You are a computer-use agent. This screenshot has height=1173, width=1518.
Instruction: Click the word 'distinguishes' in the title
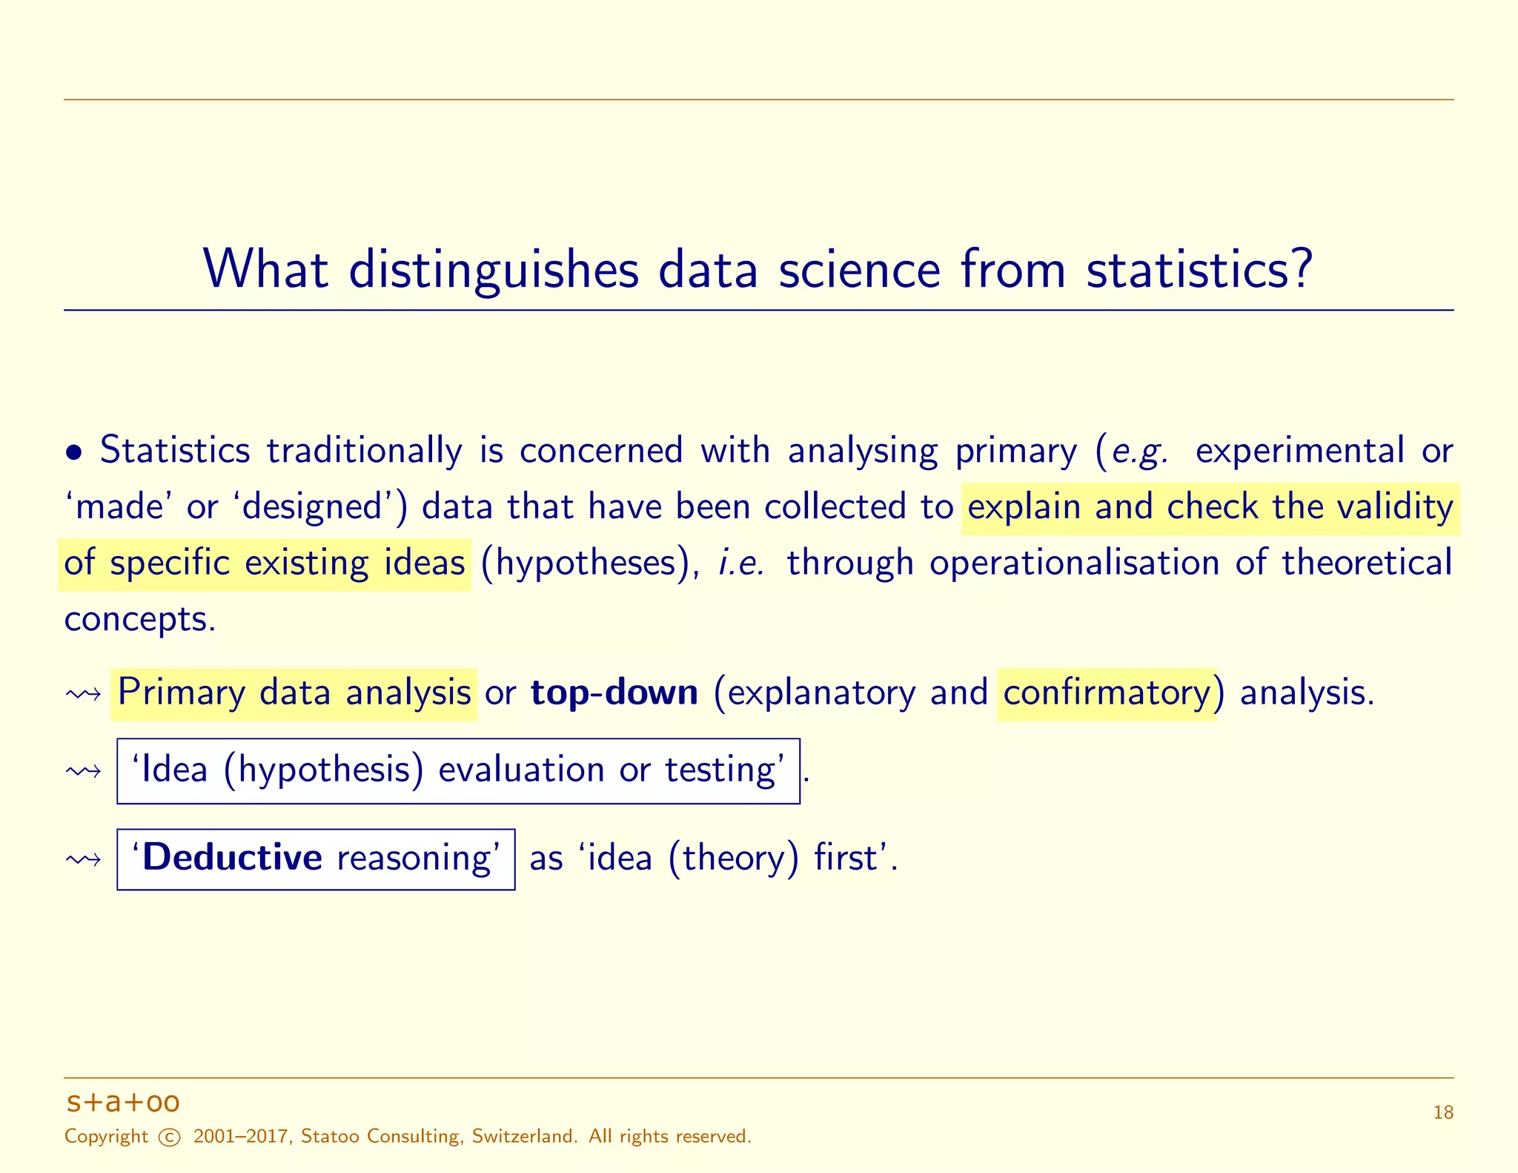tap(494, 270)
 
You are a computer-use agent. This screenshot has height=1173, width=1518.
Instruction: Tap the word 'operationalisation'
tap(1075, 563)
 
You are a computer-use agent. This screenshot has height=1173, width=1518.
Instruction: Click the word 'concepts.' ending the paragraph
tap(140, 619)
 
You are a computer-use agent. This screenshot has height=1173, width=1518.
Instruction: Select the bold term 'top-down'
tap(614, 693)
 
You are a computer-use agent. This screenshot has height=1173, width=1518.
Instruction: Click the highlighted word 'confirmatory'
tap(1107, 693)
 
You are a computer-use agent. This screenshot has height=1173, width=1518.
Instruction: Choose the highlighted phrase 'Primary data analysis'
tap(294, 693)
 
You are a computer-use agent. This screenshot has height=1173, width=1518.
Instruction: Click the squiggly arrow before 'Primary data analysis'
tap(83, 695)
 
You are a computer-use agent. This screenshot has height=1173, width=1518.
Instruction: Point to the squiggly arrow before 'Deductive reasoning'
tap(83, 860)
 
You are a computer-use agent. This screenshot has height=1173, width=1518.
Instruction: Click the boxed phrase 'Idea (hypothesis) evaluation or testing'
tap(458, 770)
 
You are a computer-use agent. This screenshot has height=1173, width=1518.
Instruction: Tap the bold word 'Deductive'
tap(232, 858)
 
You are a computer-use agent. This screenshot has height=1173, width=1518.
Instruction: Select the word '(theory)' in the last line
tap(734, 859)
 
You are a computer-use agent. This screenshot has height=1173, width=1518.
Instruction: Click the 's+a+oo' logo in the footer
tap(123, 1103)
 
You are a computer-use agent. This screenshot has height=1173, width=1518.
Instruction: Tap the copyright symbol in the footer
tap(170, 1137)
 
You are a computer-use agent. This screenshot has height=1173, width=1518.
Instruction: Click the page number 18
tap(1442, 1113)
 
